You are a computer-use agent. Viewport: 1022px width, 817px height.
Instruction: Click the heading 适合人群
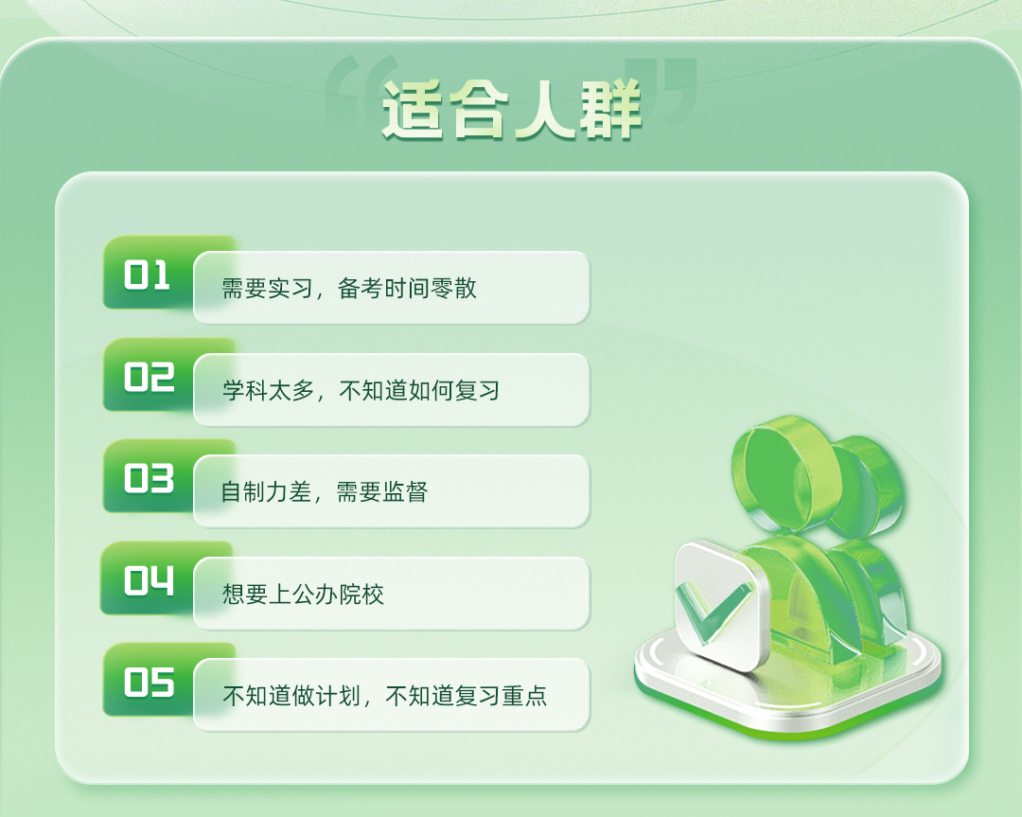pos(512,110)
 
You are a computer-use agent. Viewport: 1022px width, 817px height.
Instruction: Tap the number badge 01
pos(148,275)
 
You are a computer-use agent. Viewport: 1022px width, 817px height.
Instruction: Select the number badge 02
pos(150,377)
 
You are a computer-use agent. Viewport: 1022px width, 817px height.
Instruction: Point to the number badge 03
pos(150,479)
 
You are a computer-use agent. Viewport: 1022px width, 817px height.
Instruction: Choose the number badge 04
pos(150,580)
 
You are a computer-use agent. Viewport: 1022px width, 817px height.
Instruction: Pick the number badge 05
pos(150,682)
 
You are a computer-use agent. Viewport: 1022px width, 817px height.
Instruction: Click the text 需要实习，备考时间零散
pos(349,288)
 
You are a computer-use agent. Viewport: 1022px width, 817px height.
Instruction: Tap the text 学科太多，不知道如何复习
pos(361,391)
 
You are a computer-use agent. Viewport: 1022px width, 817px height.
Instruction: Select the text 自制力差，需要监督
pos(325,491)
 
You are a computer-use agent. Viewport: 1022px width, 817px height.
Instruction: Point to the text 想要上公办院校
pos(303,594)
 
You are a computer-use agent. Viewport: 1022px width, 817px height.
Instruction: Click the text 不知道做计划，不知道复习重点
pos(384,696)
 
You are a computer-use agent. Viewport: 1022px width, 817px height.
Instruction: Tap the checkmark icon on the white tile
pos(711,611)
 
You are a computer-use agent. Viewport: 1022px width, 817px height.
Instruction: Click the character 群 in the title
pos(610,110)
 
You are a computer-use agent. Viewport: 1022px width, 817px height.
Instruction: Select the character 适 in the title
pos(413,110)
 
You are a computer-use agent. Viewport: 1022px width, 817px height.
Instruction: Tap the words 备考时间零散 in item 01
pos(407,288)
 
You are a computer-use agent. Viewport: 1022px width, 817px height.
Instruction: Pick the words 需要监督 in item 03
pos(382,491)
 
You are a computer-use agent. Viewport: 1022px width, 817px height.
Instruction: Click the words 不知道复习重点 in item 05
pos(466,696)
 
